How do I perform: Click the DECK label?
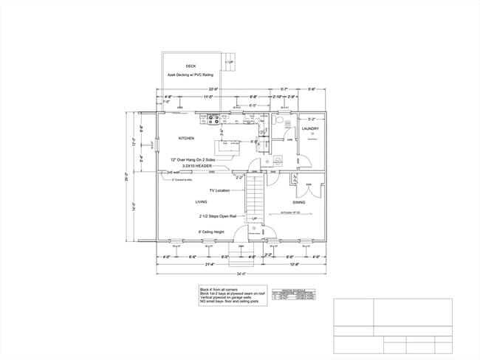(191, 66)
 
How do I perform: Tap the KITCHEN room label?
(186, 138)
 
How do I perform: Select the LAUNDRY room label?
(310, 128)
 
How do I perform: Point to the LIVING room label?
(201, 201)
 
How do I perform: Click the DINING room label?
(299, 201)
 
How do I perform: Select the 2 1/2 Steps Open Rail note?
(218, 216)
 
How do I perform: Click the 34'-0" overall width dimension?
(241, 274)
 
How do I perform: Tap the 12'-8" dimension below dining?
(295, 264)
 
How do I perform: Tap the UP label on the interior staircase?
(254, 219)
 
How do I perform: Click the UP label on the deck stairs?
(230, 62)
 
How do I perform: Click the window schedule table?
(289, 294)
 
